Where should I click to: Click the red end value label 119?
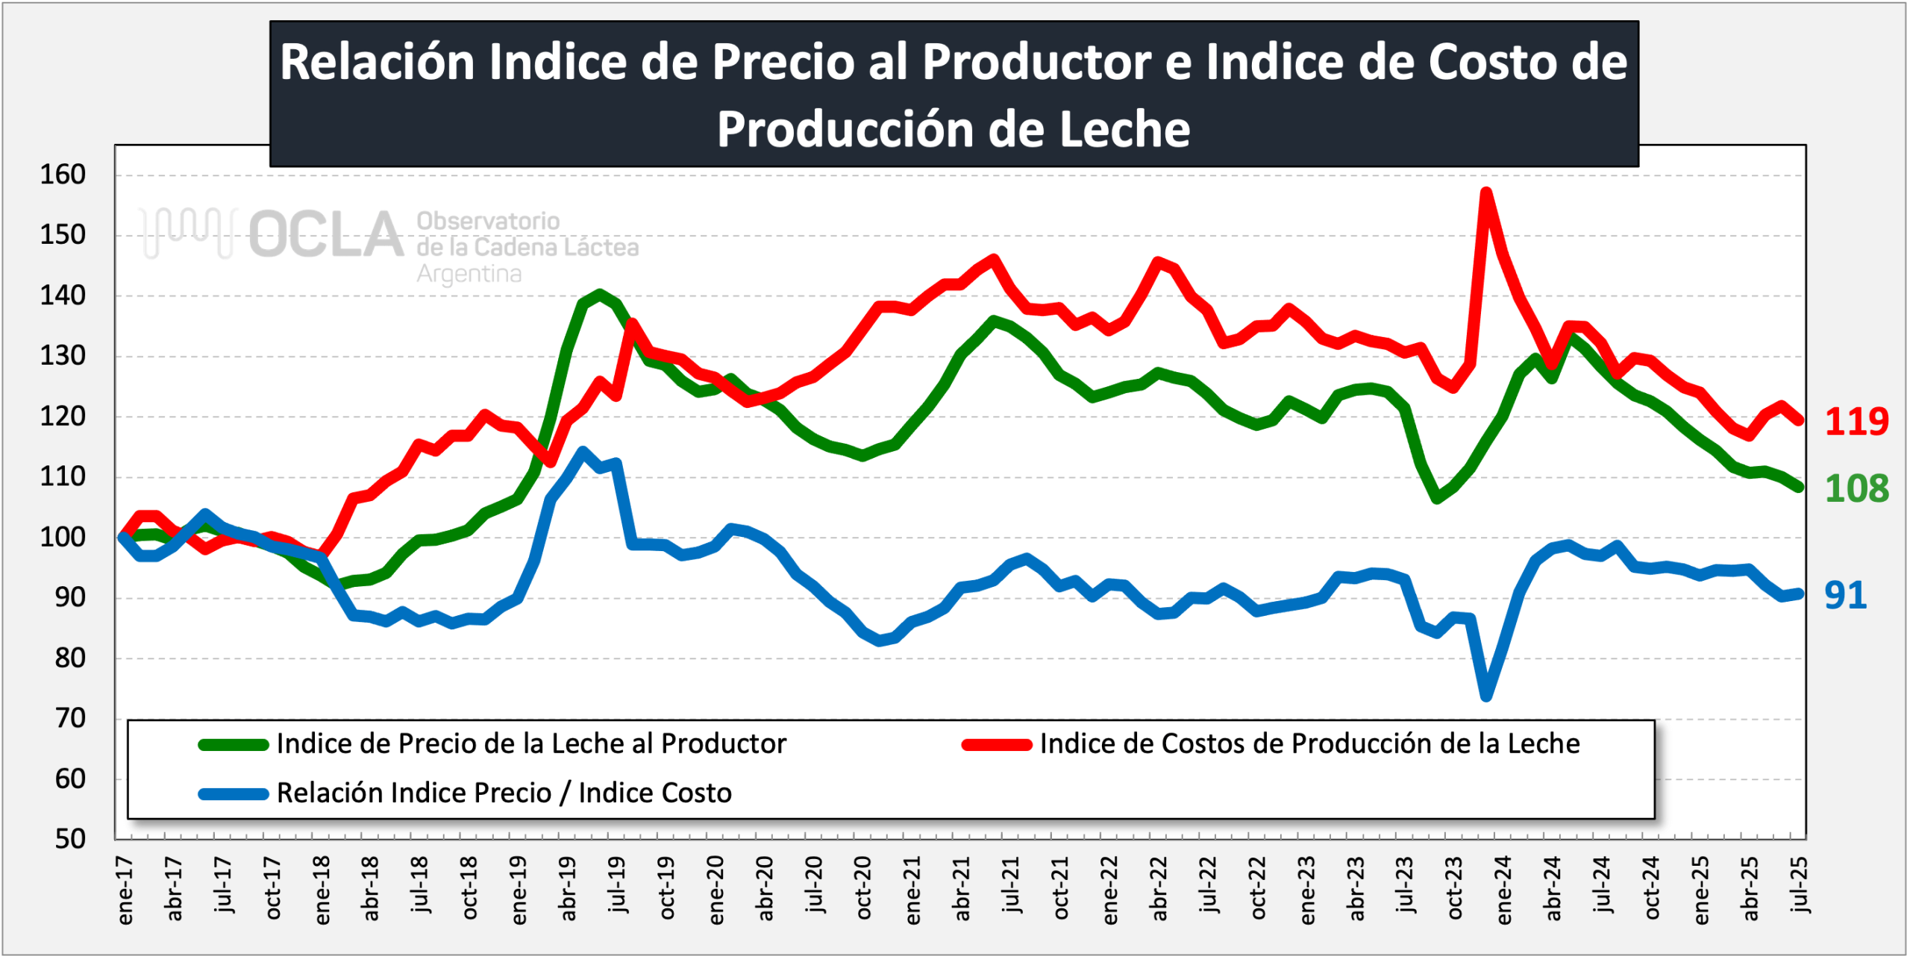[x=1856, y=422]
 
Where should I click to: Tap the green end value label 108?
[x=1856, y=489]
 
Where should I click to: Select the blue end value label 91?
[x=1845, y=596]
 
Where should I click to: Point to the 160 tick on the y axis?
[x=63, y=175]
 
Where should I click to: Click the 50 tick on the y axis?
[x=70, y=840]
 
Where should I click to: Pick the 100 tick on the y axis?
[x=63, y=538]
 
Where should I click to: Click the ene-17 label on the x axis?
[x=125, y=890]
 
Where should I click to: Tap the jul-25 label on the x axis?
[x=1799, y=885]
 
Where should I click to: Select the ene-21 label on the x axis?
[x=913, y=890]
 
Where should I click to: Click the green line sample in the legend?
[x=234, y=745]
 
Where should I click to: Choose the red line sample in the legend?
[x=997, y=745]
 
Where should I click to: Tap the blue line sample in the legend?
[x=234, y=794]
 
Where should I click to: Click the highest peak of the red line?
[x=1486, y=193]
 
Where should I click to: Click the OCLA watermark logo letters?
[x=326, y=234]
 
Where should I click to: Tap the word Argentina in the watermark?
[x=469, y=274]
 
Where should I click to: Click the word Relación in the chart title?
[x=377, y=61]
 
